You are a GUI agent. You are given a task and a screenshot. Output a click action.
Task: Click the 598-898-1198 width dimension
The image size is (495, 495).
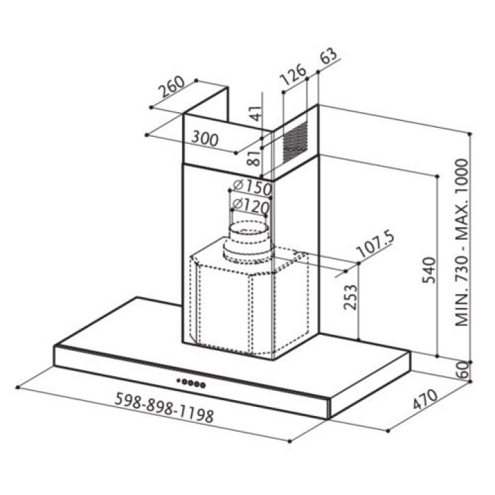click(x=164, y=408)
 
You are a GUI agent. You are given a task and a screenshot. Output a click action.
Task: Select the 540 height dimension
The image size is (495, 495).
click(x=429, y=271)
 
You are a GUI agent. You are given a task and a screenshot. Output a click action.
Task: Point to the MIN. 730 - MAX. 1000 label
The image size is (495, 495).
click(x=461, y=243)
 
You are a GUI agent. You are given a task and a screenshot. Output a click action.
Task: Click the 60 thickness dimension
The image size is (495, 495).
click(x=461, y=371)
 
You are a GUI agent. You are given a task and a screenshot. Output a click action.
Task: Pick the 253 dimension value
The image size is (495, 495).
click(x=350, y=298)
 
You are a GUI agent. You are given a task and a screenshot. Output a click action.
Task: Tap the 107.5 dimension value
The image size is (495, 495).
click(x=375, y=244)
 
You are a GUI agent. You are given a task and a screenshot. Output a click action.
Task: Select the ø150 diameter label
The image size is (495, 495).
click(x=252, y=187)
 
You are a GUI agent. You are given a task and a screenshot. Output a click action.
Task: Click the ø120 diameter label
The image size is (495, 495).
click(x=250, y=206)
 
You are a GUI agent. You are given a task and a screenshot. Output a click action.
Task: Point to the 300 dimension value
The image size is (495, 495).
click(x=205, y=139)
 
